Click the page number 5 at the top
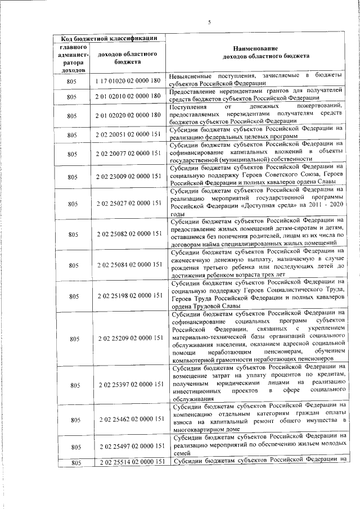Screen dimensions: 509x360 [209, 23]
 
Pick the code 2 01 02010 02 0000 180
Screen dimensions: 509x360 [129, 97]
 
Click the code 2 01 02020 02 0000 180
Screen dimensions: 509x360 [129, 116]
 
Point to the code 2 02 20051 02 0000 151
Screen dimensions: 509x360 [129, 135]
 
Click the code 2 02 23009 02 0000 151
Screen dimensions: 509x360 [129, 177]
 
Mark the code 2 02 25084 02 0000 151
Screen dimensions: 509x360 [129, 264]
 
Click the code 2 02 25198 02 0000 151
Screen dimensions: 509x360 [129, 295]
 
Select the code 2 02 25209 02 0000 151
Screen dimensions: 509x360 [129, 338]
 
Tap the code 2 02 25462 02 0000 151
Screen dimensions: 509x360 [129, 420]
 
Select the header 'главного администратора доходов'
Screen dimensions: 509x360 [72, 60]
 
